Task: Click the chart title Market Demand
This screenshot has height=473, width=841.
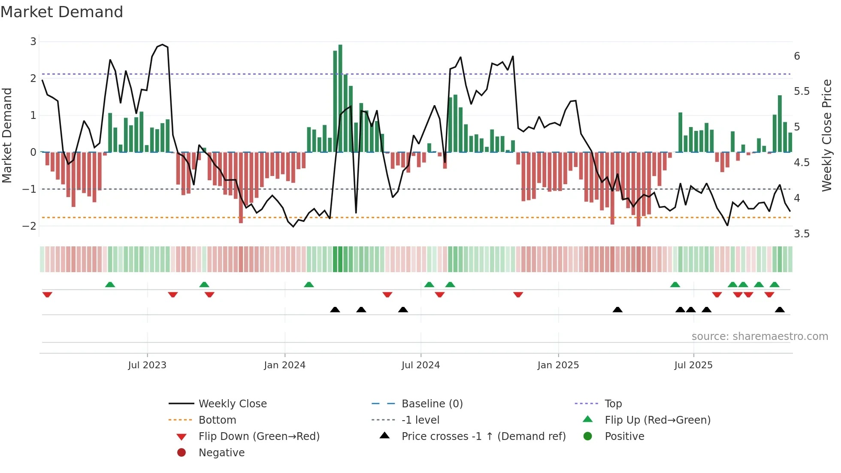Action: point(62,12)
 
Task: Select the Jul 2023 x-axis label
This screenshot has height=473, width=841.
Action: point(147,365)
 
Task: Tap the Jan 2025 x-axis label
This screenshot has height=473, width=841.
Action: point(558,365)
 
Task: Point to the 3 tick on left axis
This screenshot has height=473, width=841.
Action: point(33,42)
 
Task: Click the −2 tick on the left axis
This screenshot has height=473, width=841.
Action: point(30,226)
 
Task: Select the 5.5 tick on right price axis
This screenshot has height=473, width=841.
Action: point(802,91)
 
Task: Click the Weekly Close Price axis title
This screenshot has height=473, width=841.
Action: point(826,135)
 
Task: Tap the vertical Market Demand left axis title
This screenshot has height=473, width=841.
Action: point(7,135)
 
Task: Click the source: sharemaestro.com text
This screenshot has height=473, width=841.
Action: point(759,337)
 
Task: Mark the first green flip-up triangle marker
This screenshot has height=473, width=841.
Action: point(110,285)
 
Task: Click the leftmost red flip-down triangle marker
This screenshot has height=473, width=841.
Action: point(47,294)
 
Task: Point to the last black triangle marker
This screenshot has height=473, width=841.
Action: point(780,309)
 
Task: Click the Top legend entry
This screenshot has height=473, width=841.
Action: point(613,404)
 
